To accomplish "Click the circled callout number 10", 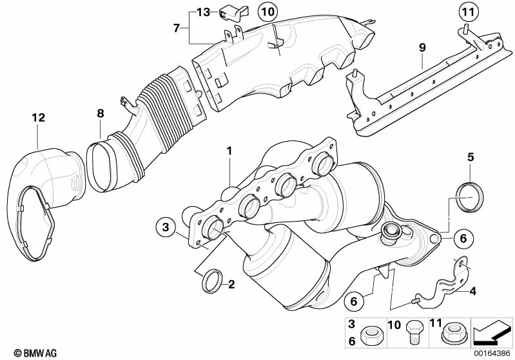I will pyautogui.click(x=267, y=12).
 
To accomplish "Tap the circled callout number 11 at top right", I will pyautogui.click(x=469, y=12).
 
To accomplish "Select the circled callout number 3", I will pyautogui.click(x=165, y=227).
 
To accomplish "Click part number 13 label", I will pyautogui.click(x=203, y=12).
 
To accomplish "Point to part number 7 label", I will pyautogui.click(x=176, y=28).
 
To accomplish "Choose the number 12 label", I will pyautogui.click(x=38, y=118).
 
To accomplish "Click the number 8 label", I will pyautogui.click(x=100, y=114).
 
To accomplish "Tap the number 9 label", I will pyautogui.click(x=422, y=47).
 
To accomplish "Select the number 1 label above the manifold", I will pyautogui.click(x=228, y=151).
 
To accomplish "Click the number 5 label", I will pyautogui.click(x=470, y=156).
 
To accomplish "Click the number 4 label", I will pyautogui.click(x=473, y=291).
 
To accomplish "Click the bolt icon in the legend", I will pyautogui.click(x=413, y=334).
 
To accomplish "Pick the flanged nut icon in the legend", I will pyautogui.click(x=451, y=334).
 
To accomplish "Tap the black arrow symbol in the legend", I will pyautogui.click(x=493, y=333).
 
